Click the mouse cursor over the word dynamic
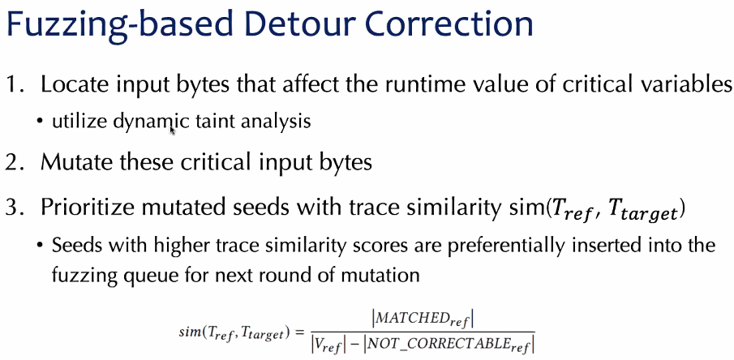pyautogui.click(x=172, y=130)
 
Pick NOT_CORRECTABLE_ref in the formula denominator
pyautogui.click(x=450, y=345)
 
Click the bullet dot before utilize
pyautogui.click(x=41, y=122)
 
